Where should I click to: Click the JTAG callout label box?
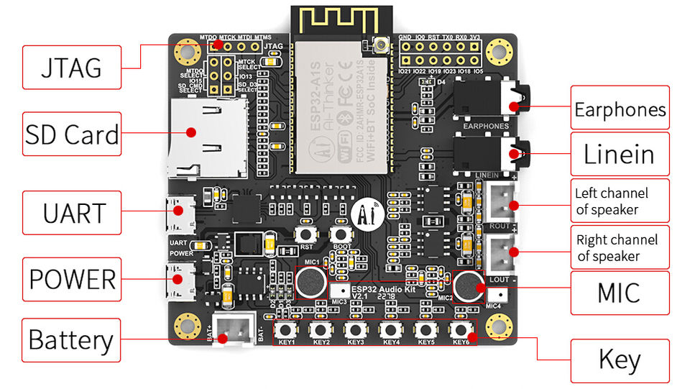coord(70,68)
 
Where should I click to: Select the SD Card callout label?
coord(70,134)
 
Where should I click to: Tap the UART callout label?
coord(70,213)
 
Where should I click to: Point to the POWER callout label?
coord(70,279)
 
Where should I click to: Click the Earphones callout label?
coord(620,109)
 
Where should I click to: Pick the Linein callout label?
coord(620,154)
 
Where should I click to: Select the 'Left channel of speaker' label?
coord(620,201)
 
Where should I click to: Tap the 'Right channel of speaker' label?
coord(620,247)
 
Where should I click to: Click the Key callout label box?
coord(620,360)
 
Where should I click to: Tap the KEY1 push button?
coord(287,329)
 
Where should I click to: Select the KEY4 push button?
coord(391,329)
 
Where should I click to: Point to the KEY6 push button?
coord(461,329)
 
